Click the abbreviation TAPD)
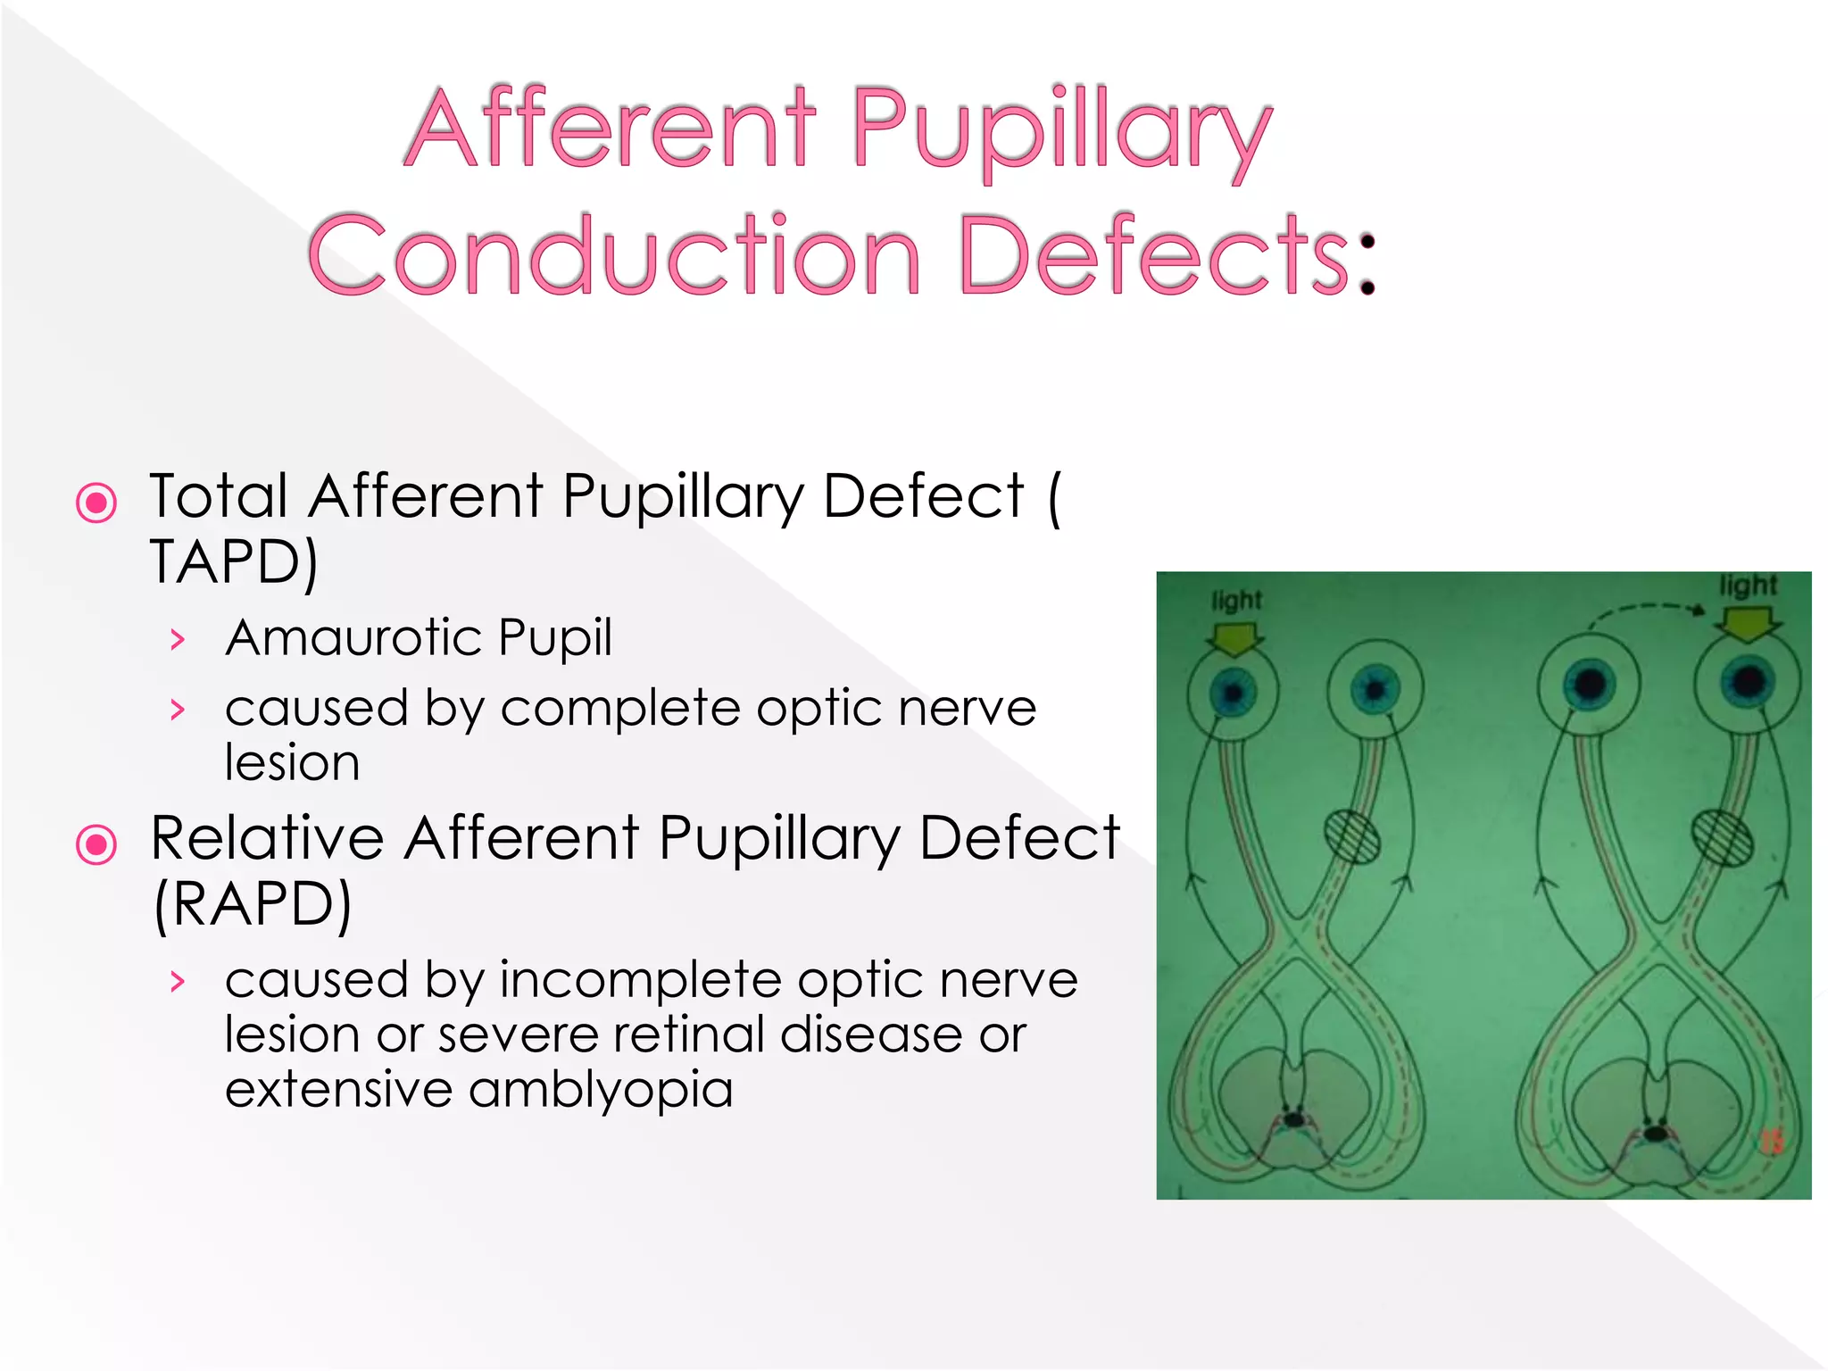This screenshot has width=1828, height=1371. coord(234,562)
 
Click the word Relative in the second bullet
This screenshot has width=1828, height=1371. coord(268,838)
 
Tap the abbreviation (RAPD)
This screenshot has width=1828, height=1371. coord(253,905)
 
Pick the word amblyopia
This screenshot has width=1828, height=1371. coord(600,1089)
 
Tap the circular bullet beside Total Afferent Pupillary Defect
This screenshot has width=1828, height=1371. coord(96,503)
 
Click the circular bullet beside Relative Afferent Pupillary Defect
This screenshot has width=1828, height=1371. coord(96,844)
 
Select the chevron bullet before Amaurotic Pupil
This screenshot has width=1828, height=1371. coord(178,639)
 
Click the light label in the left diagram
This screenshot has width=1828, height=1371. coord(1236,600)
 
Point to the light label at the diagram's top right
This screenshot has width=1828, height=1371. coord(1748,586)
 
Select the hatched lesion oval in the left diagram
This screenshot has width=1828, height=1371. coord(1351,836)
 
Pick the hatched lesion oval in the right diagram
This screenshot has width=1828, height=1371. coord(1722,837)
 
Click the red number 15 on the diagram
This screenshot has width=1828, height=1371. coord(1771,1141)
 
